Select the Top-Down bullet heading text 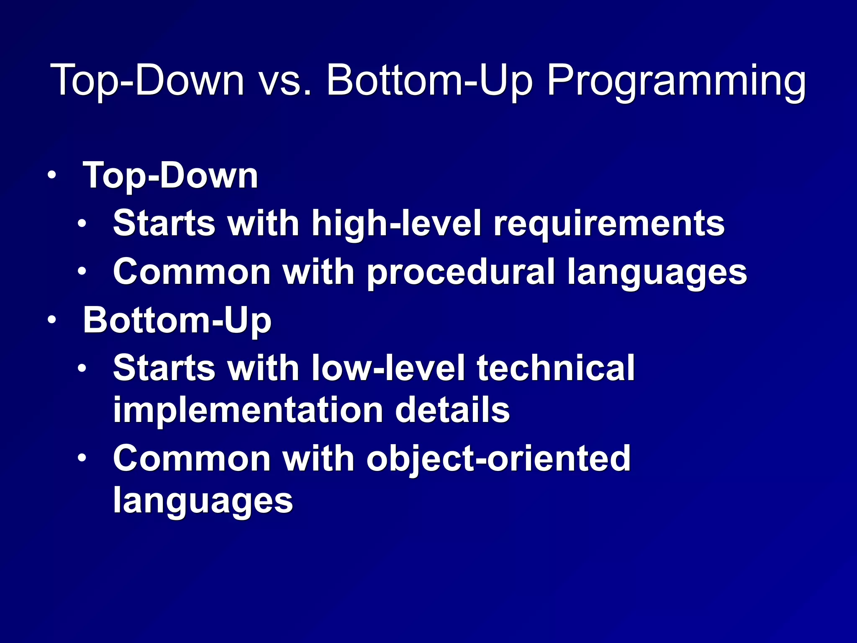point(170,176)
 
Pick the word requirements point(609,224)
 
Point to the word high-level point(396,224)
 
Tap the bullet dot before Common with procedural point(82,272)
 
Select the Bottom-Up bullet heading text point(177,321)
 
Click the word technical point(556,368)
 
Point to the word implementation point(248,410)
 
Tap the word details point(452,410)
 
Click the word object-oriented point(498,459)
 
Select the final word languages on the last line point(203,501)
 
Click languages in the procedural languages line point(657,272)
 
